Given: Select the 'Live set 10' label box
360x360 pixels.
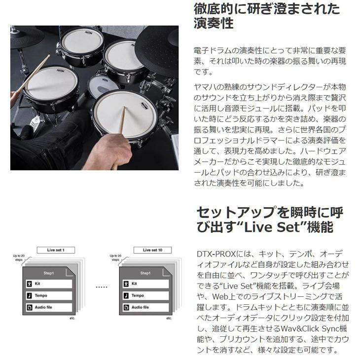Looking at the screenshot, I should click(x=152, y=250).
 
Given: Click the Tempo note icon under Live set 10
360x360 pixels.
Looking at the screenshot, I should click(x=127, y=295).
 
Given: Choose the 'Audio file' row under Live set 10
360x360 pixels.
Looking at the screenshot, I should click(x=146, y=307).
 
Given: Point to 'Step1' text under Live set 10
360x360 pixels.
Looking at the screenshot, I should click(x=145, y=273).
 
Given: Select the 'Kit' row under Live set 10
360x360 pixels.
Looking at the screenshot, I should click(x=146, y=284).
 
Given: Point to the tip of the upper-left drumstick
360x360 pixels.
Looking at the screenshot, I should click(x=48, y=57).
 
